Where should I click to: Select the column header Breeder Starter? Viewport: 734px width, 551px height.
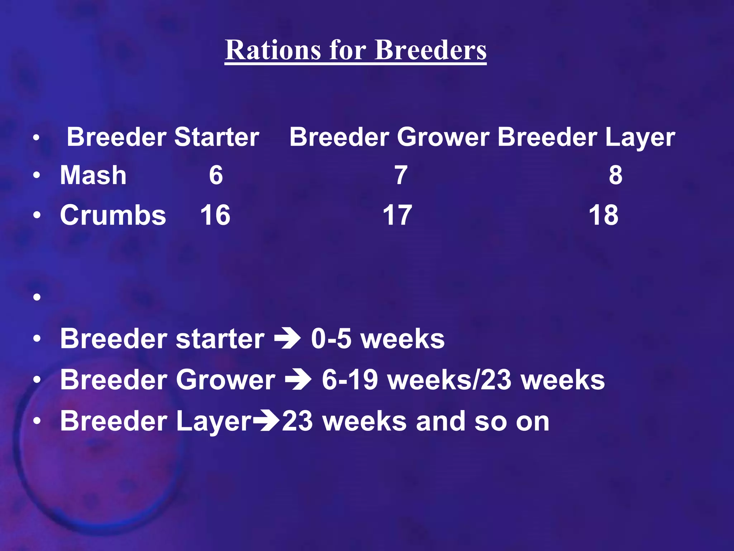(163, 137)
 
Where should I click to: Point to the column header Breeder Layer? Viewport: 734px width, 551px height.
(586, 137)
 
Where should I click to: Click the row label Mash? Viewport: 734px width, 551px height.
(93, 175)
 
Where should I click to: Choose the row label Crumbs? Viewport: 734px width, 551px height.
(113, 215)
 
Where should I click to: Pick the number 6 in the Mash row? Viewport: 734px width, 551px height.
(216, 175)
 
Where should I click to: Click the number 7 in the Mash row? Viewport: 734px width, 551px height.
(401, 175)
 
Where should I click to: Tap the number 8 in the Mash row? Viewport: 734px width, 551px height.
(615, 175)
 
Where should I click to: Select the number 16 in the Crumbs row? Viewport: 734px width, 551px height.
(215, 215)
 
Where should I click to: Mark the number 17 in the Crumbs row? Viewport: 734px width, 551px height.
(397, 215)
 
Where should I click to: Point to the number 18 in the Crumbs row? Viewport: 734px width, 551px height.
(604, 215)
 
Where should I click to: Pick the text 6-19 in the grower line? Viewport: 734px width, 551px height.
(350, 380)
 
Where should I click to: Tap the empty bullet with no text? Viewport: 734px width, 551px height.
(37, 297)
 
